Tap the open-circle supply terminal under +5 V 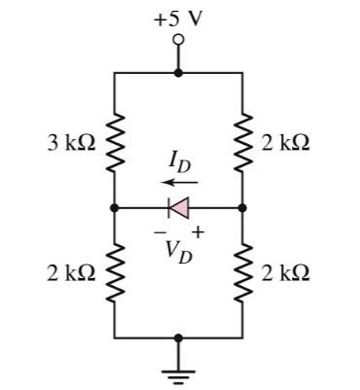[x=178, y=40]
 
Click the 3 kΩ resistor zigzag [x=115, y=142]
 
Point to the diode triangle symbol [x=179, y=207]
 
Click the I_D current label [x=179, y=161]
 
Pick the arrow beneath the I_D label [x=179, y=181]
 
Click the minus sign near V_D [x=157, y=230]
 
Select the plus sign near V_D [x=199, y=230]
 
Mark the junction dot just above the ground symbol [x=178, y=337]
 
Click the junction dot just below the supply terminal [x=178, y=72]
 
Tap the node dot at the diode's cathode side [x=115, y=207]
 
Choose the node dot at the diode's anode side [x=241, y=207]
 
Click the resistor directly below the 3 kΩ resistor [x=115, y=272]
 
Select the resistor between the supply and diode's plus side [x=241, y=142]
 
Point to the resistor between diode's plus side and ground [x=241, y=272]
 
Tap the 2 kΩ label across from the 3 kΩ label [x=286, y=143]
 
